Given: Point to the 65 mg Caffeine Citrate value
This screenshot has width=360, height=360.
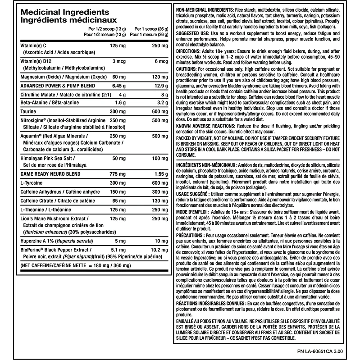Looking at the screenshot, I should pos(118,201).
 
